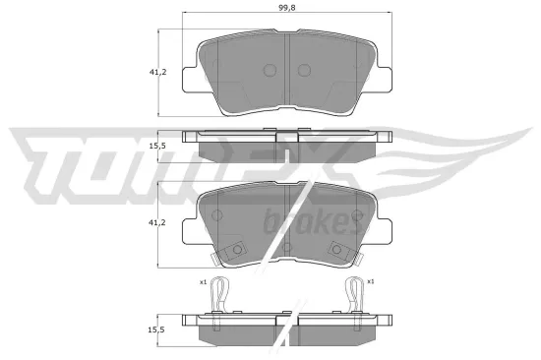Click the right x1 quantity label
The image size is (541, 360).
(x=371, y=282)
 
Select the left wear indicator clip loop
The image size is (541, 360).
(x=223, y=292)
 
